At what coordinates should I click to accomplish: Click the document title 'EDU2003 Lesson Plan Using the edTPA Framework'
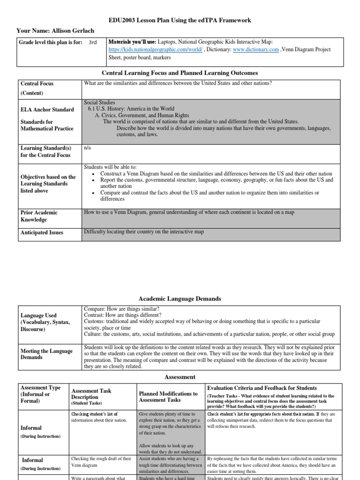(180, 20)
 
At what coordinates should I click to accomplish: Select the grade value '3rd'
(93, 42)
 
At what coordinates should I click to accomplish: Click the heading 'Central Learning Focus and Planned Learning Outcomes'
(180, 73)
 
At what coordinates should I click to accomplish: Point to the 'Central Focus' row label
(37, 83)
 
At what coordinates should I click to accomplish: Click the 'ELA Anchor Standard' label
(47, 110)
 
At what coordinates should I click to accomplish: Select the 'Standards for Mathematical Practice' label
(47, 125)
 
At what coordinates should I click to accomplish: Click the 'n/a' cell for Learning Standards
(87, 147)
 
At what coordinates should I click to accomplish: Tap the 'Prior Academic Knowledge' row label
(39, 216)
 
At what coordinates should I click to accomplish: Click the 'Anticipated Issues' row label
(42, 232)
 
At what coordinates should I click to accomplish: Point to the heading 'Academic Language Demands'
(180, 299)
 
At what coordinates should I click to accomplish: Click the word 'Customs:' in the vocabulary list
(95, 322)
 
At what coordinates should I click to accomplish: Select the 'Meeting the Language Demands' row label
(46, 354)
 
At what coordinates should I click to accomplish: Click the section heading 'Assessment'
(180, 376)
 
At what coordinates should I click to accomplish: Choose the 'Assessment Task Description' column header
(91, 394)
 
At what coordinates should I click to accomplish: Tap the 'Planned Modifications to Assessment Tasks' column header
(168, 397)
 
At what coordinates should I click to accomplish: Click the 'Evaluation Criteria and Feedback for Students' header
(262, 388)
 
